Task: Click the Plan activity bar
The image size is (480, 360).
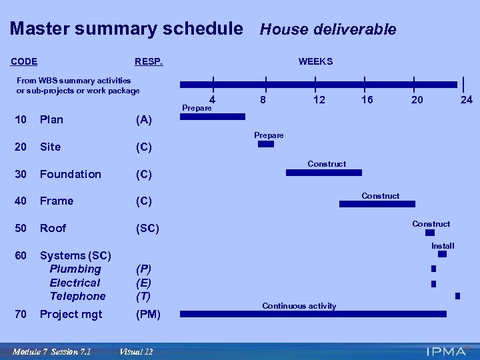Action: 213,117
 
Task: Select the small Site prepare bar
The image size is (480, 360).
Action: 265,144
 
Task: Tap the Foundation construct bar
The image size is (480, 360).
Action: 323,173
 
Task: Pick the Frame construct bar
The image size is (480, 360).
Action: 377,204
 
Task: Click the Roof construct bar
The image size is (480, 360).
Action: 429,233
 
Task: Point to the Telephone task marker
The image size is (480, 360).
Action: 457,295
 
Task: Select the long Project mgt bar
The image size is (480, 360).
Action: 313,314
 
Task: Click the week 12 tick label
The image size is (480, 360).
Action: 320,100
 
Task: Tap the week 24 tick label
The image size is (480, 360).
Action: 467,100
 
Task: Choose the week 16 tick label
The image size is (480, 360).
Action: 367,100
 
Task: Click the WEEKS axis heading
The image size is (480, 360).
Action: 315,62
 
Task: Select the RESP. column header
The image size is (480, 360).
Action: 149,62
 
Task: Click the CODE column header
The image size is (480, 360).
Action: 24,62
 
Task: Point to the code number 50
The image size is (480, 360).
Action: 21,228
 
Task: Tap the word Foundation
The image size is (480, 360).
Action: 71,174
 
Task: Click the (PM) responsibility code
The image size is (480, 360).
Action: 148,315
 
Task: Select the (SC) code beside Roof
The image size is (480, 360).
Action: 147,228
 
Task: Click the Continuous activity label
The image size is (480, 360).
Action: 299,306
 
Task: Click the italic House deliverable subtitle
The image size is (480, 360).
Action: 328,29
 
